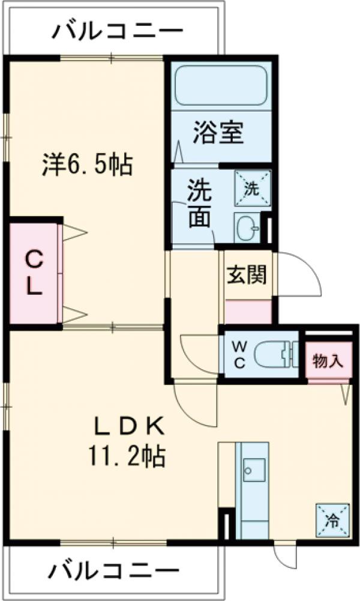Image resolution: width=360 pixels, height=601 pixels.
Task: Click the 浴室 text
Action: (218, 133)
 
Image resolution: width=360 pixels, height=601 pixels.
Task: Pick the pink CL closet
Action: (34, 273)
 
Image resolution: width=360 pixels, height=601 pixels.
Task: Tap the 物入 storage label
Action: (328, 362)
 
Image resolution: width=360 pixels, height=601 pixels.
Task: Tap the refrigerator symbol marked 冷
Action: (331, 518)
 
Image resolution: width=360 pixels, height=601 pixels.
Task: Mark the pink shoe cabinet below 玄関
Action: (247, 310)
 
